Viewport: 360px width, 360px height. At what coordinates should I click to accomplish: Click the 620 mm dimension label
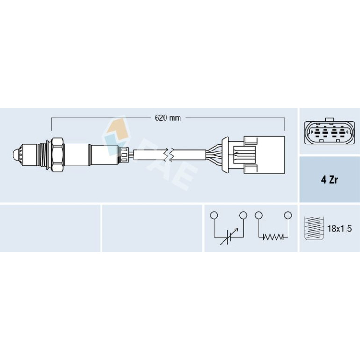[x=168, y=118]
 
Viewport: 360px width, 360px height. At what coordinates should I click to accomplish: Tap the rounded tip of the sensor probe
[x=14, y=154]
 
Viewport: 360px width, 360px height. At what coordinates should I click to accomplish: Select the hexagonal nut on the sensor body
[x=58, y=155]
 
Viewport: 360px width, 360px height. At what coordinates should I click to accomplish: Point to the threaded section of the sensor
[x=41, y=155]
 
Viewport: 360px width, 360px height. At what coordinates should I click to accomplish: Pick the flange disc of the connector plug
[x=225, y=154]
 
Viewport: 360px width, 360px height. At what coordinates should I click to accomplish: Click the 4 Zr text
[x=329, y=180]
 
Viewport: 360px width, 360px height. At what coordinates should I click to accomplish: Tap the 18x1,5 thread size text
[x=339, y=229]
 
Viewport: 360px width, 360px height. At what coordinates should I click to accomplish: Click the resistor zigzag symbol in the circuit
[x=273, y=237]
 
